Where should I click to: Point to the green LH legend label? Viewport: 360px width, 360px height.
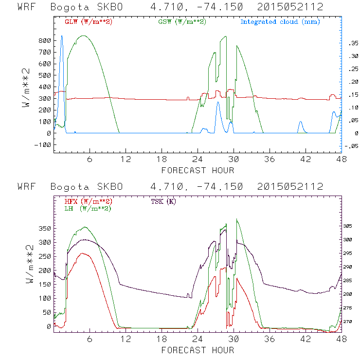coord(86,208)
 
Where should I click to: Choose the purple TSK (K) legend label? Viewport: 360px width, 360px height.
coord(163,201)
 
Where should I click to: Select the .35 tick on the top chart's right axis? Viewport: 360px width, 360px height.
coord(352,43)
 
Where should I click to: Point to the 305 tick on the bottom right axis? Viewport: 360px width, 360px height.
coord(351,226)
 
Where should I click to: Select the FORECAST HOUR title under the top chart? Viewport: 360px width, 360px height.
coord(198,170)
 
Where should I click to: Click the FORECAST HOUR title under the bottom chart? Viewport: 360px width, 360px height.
coord(198,350)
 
